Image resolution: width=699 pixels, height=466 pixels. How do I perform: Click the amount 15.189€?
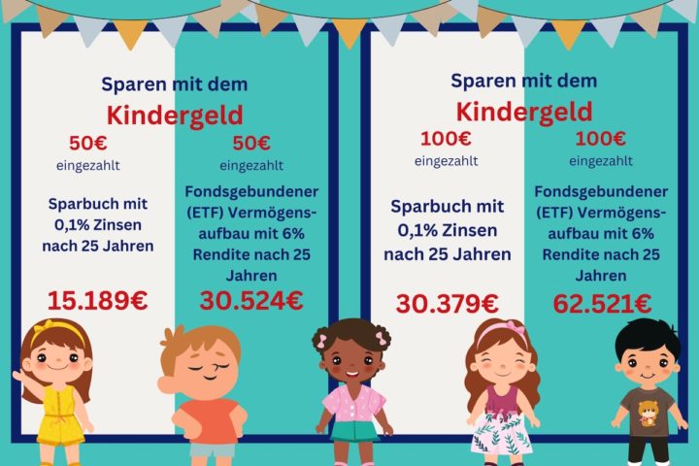(x=97, y=300)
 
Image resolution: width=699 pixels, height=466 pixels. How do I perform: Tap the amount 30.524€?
(x=251, y=300)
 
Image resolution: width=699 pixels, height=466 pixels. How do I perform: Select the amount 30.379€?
(x=448, y=304)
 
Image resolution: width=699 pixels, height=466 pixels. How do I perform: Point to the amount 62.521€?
(x=602, y=304)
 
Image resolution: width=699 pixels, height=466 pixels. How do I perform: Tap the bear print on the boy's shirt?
(x=647, y=413)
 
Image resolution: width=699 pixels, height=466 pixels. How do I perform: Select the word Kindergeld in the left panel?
(x=175, y=116)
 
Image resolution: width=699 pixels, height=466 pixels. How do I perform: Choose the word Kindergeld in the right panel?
(x=524, y=112)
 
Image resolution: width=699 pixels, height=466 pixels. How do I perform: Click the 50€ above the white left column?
(x=88, y=143)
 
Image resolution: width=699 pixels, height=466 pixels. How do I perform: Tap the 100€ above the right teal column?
(x=601, y=139)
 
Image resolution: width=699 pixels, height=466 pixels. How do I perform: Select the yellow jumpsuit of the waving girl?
(x=59, y=415)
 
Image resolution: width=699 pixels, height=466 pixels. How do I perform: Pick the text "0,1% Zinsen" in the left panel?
(x=98, y=225)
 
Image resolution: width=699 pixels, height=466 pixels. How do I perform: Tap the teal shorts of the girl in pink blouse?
(x=353, y=431)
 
